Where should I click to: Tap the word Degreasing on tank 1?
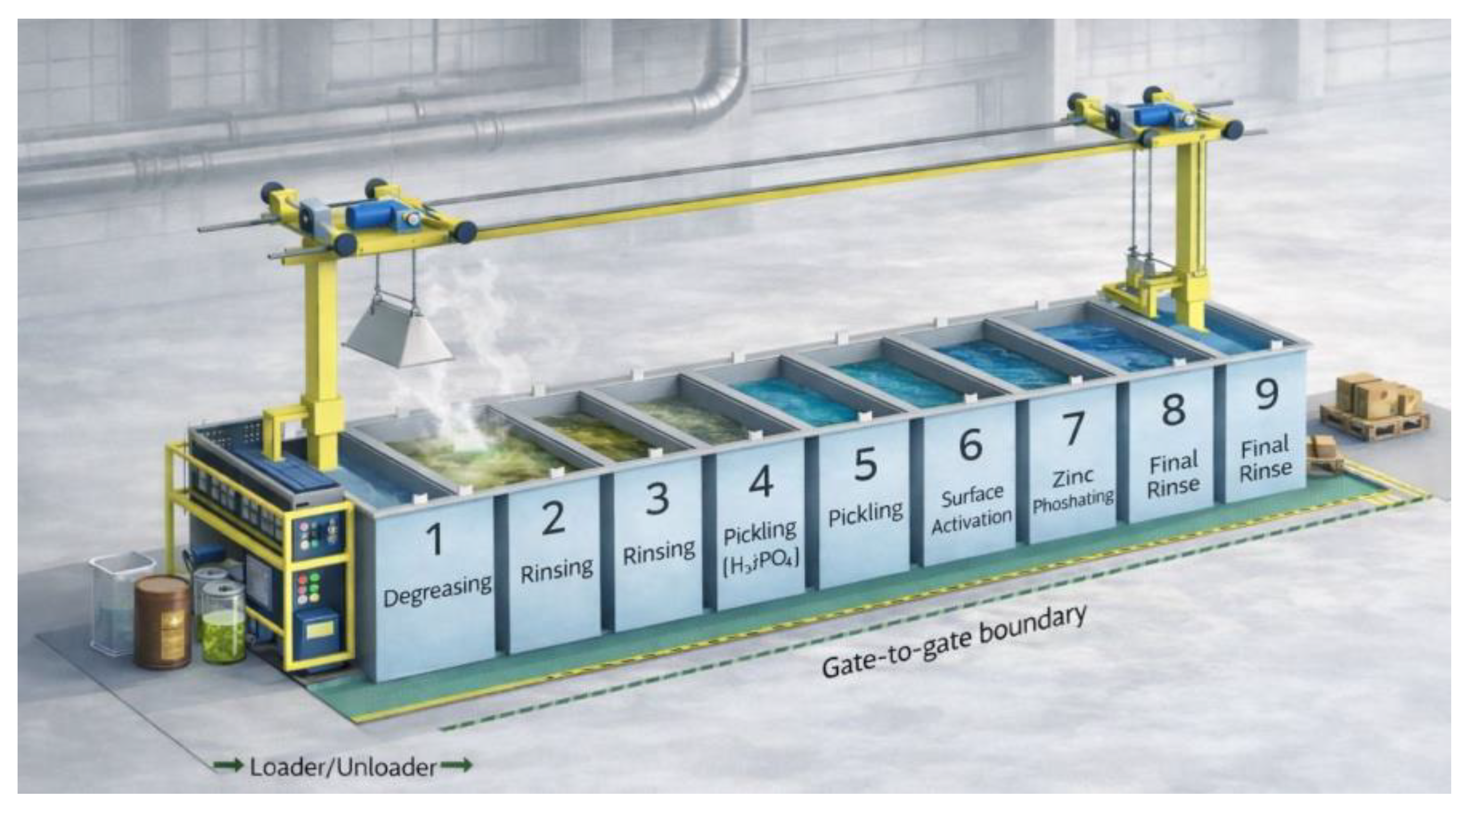coord(437,590)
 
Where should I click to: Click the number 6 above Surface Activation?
coord(970,445)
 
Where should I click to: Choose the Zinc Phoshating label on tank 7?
coord(1073,490)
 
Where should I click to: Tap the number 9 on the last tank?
coord(1266,393)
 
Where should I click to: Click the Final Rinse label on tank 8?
coord(1173,475)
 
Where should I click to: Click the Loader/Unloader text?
coord(343,767)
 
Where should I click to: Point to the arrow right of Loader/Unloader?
coord(456,765)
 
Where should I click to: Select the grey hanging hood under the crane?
coord(398,334)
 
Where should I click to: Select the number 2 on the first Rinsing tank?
coord(553,518)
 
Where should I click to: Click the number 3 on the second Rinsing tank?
coord(657,498)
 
